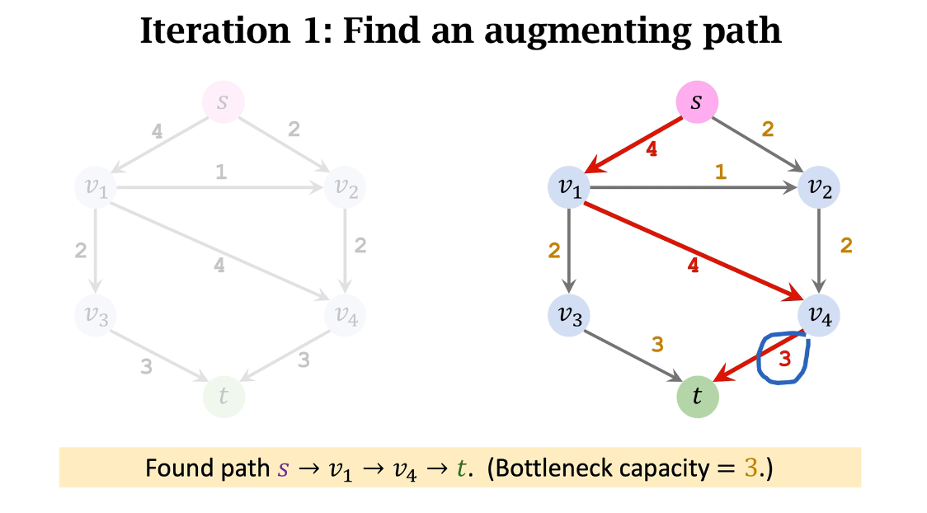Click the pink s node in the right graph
point(697,103)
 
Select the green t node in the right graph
point(698,397)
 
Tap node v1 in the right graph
point(569,187)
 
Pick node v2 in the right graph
point(819,187)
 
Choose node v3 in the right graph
point(569,314)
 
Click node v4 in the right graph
point(819,314)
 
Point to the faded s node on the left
point(224,103)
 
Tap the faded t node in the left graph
point(224,397)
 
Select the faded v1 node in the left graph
point(96,187)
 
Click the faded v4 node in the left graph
point(346,314)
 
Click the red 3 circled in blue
point(784,359)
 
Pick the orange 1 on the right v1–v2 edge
point(720,172)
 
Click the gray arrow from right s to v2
point(759,145)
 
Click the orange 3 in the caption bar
point(750,468)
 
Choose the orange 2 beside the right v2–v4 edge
point(845,245)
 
